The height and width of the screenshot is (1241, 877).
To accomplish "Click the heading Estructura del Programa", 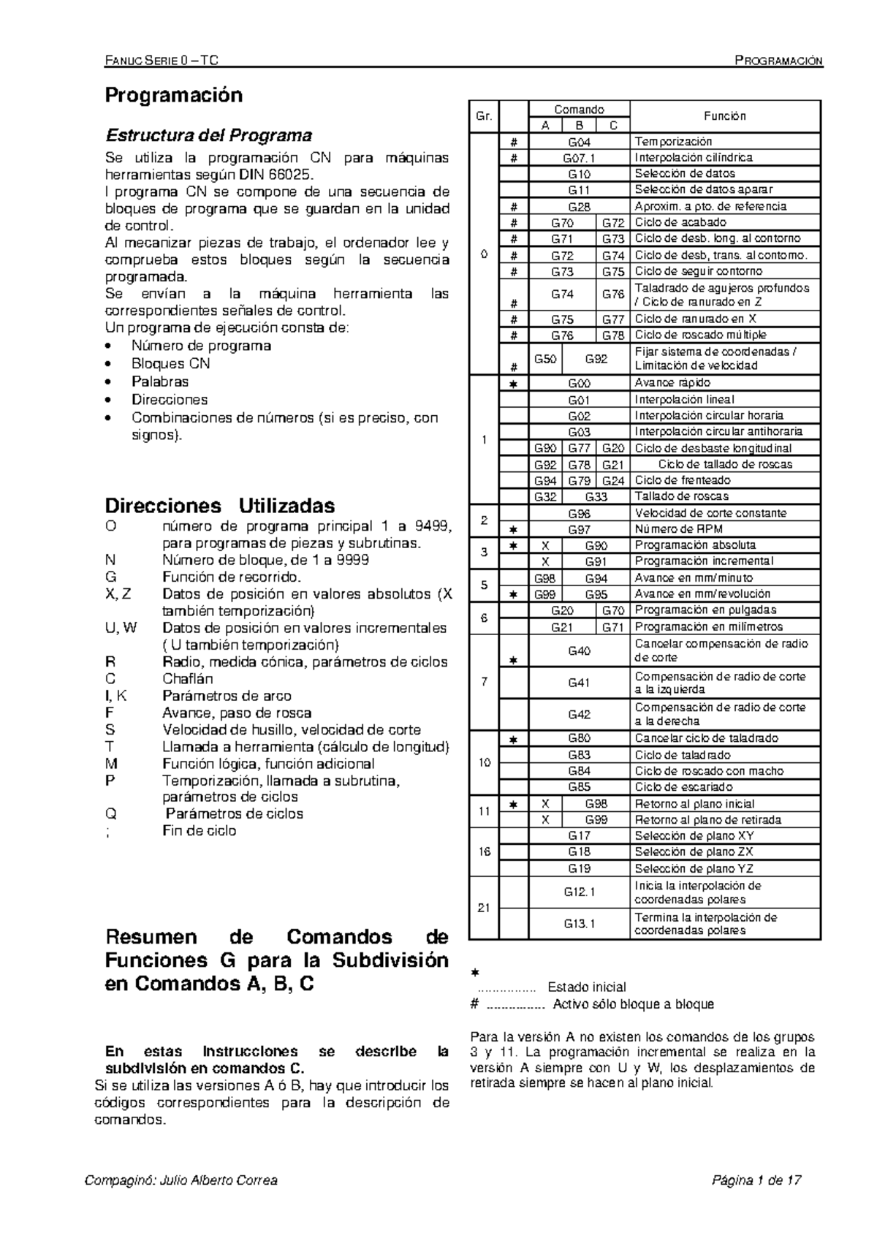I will [x=209, y=135].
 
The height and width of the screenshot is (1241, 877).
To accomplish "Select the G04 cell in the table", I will [x=579, y=142].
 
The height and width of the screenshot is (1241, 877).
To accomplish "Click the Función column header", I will [x=724, y=116].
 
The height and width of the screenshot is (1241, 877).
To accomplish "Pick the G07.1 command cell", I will [x=579, y=158].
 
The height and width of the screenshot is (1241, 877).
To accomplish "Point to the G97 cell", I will [x=579, y=529].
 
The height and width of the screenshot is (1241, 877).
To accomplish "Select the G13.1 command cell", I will [x=579, y=924].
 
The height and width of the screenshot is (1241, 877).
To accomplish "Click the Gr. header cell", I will [x=484, y=116].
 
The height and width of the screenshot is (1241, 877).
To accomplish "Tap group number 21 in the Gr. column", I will [x=484, y=908].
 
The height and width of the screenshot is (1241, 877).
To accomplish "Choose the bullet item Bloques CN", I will [x=170, y=363].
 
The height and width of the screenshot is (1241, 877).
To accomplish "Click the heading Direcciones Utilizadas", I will [x=220, y=506].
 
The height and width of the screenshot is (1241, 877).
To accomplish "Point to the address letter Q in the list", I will [x=111, y=813].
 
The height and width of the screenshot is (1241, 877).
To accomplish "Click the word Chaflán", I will [x=188, y=678].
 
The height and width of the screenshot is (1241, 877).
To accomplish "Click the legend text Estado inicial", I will [x=587, y=987].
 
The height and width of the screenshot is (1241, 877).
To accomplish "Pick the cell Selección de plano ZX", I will [x=694, y=851].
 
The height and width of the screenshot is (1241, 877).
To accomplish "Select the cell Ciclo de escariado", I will [x=683, y=787].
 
